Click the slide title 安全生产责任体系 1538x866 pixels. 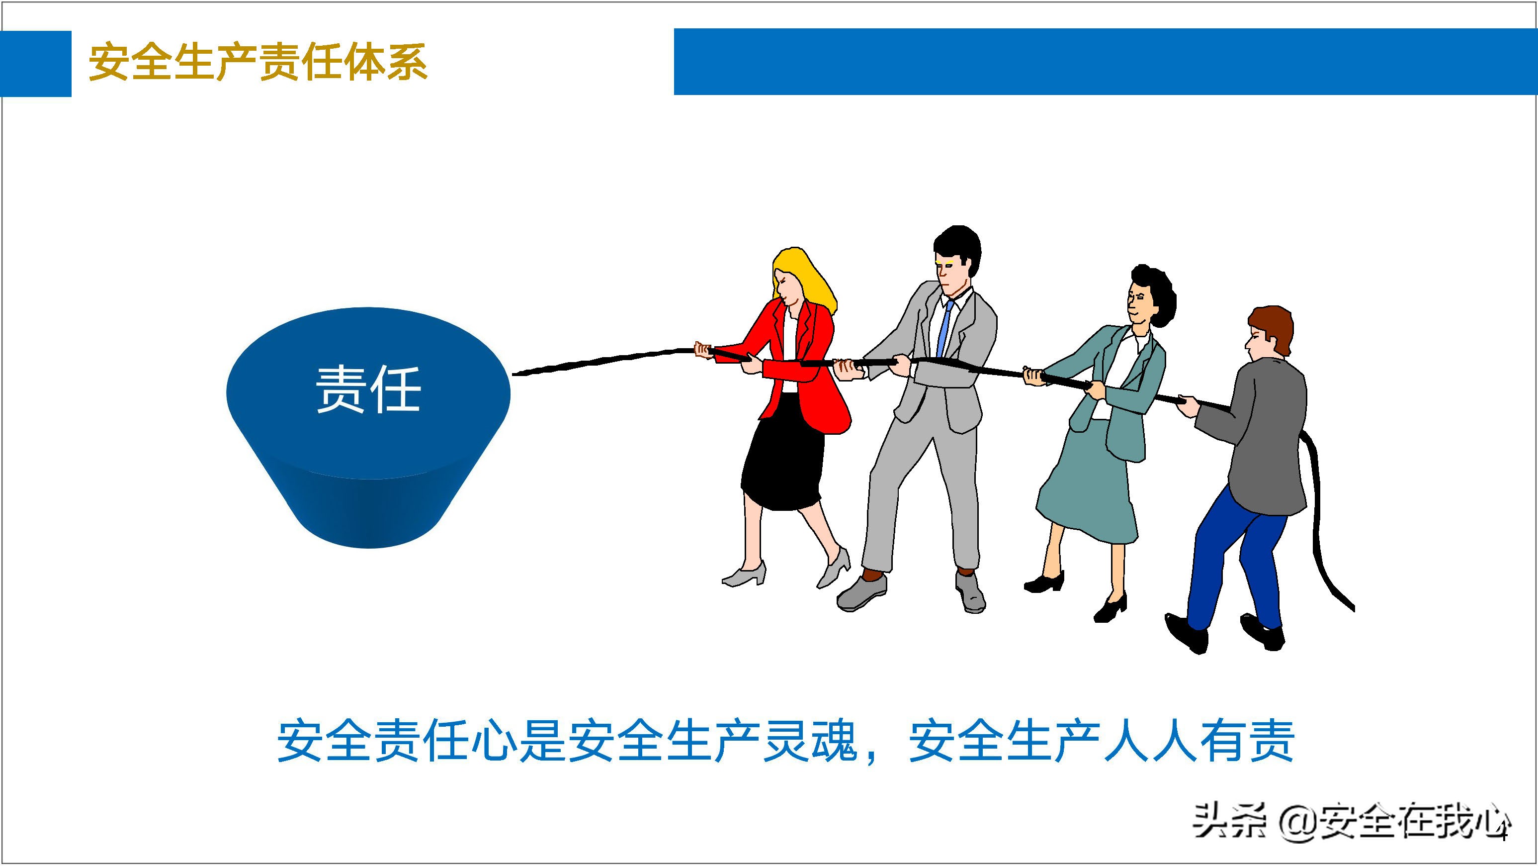pyautogui.click(x=258, y=62)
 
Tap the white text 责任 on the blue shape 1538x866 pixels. pyautogui.click(x=368, y=389)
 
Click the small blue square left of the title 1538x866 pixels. pyautogui.click(x=35, y=63)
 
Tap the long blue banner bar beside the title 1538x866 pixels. pyautogui.click(x=1105, y=62)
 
